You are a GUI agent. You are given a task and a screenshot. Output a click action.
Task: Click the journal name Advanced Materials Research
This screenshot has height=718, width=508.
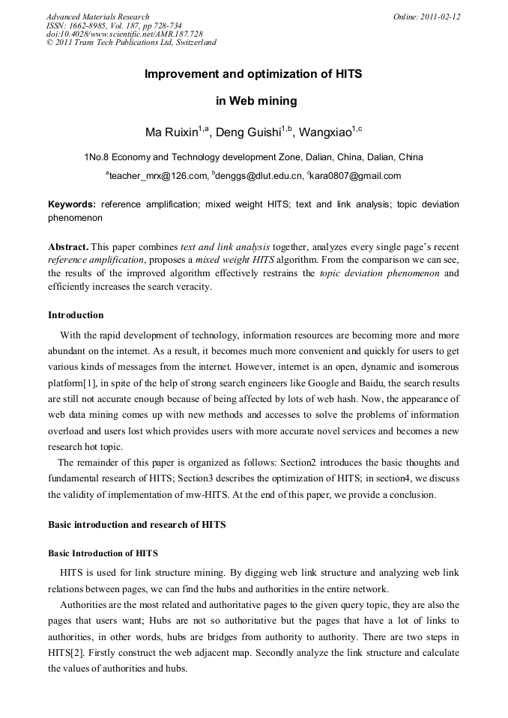point(97,16)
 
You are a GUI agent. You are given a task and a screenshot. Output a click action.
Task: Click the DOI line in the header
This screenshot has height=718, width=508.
point(124,34)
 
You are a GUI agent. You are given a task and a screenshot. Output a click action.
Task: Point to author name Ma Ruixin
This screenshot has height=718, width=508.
point(172,133)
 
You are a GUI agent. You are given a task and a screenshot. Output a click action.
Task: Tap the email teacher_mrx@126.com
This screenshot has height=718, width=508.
point(158,176)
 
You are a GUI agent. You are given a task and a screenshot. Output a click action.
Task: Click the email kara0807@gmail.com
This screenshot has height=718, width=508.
point(356,176)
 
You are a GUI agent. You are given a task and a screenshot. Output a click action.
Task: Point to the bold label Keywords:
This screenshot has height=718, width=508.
point(72,204)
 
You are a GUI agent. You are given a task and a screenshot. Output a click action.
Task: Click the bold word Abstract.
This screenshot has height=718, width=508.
point(69,247)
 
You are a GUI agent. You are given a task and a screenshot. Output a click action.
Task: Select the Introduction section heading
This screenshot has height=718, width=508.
point(76,314)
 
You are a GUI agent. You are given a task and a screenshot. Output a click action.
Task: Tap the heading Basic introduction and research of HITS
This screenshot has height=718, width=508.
point(136,525)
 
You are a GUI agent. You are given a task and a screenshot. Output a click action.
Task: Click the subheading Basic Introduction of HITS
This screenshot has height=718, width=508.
point(103,553)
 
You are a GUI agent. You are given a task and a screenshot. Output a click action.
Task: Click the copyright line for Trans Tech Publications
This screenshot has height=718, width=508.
point(131,43)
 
